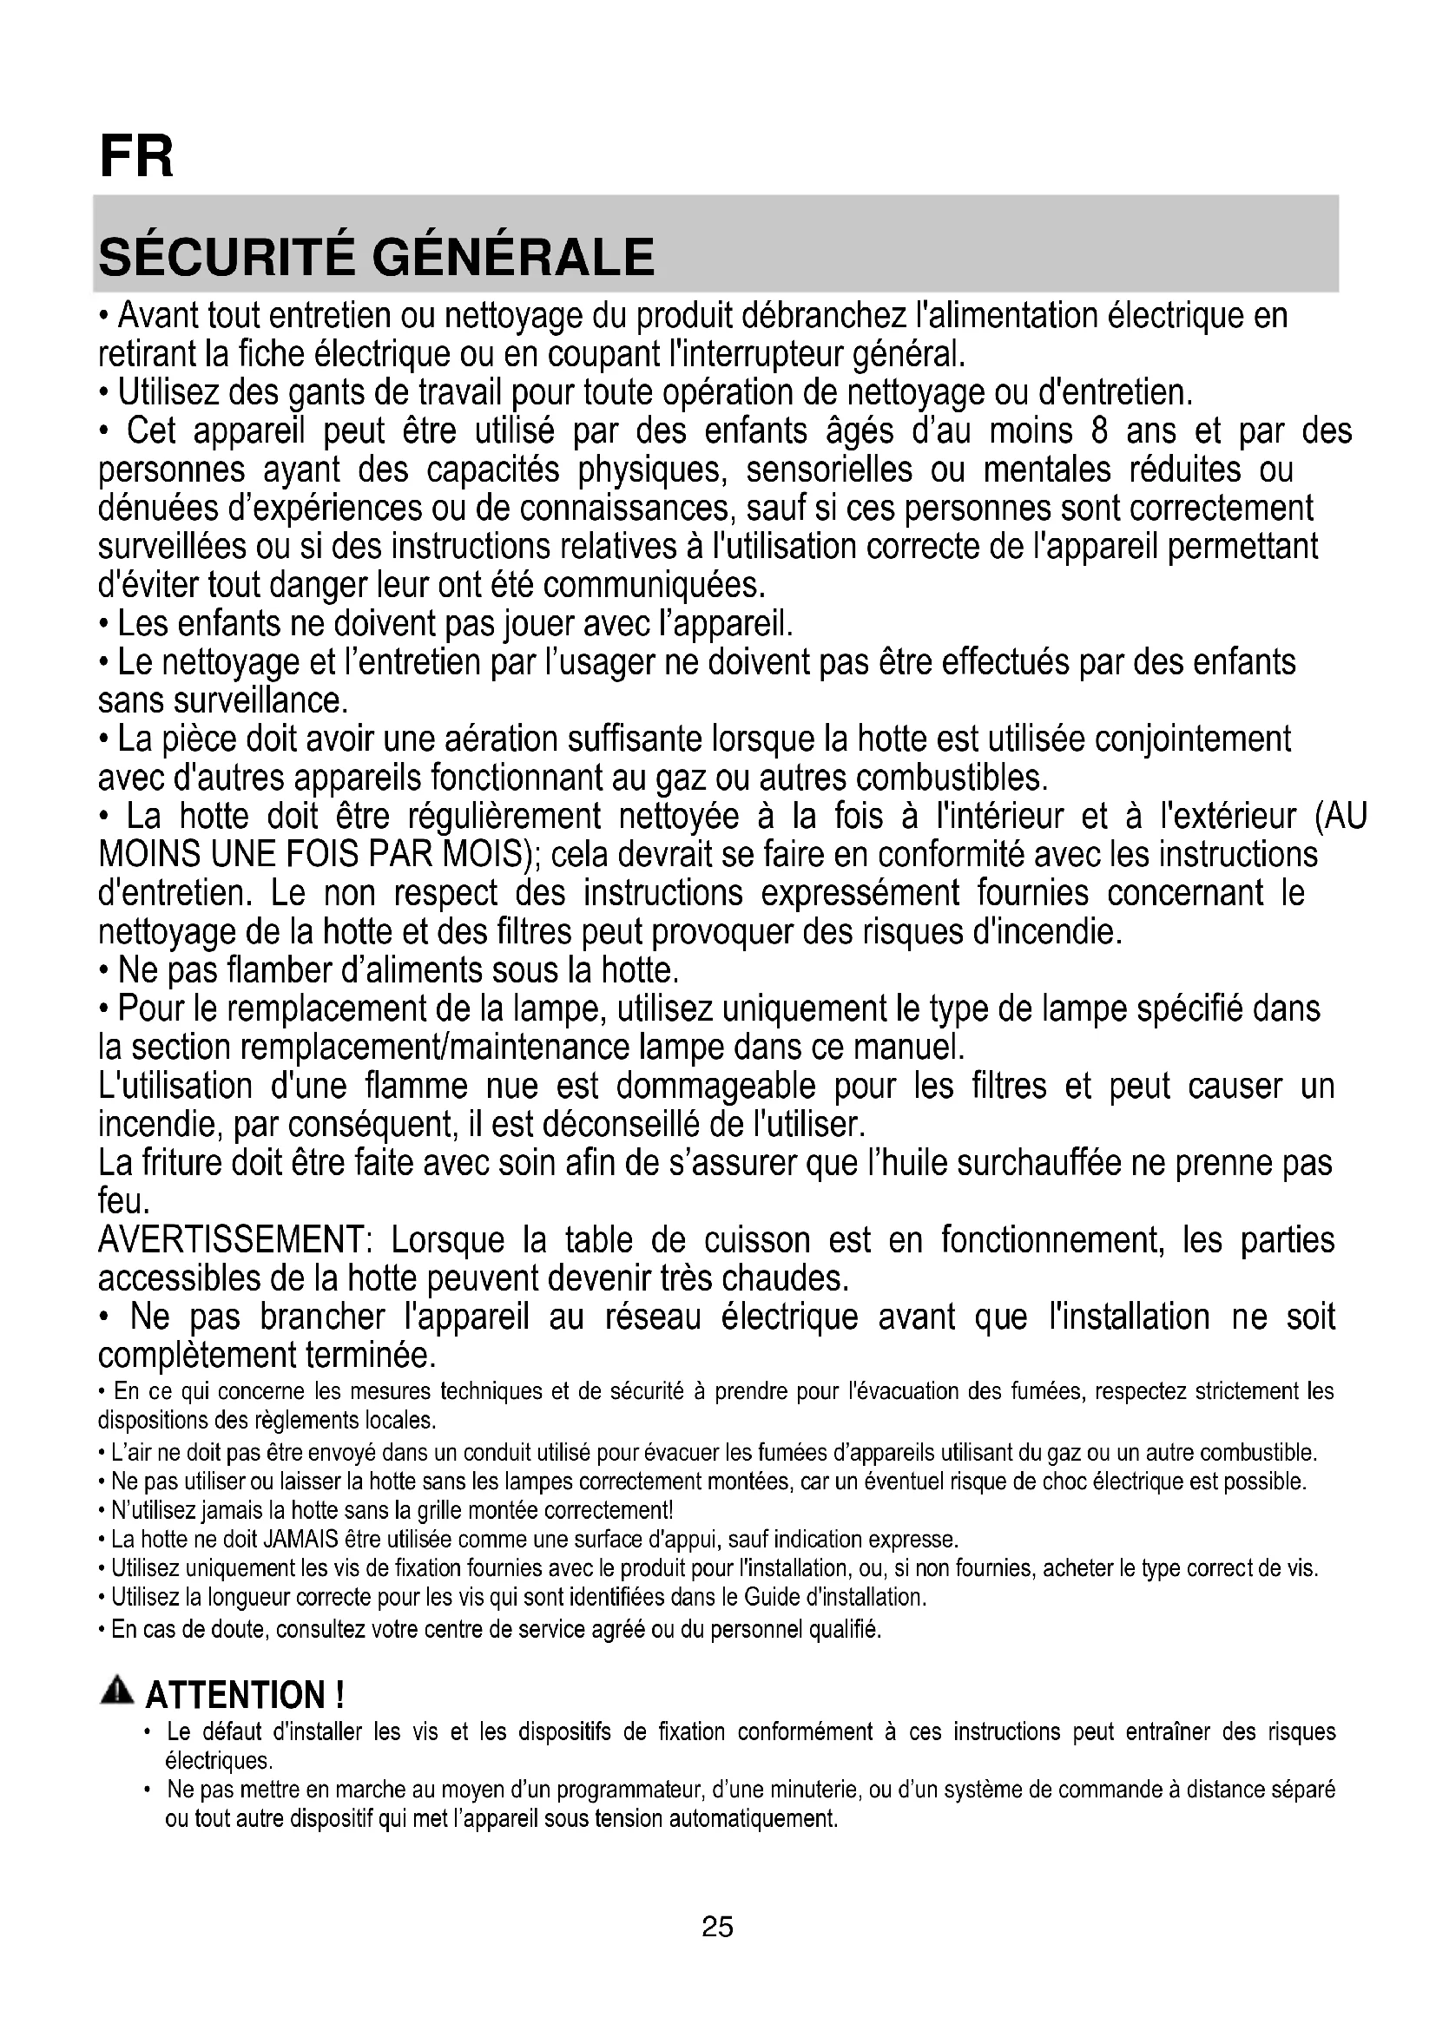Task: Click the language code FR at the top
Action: (137, 156)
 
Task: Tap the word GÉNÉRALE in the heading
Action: (514, 256)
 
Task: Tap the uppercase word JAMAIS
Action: (300, 1540)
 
